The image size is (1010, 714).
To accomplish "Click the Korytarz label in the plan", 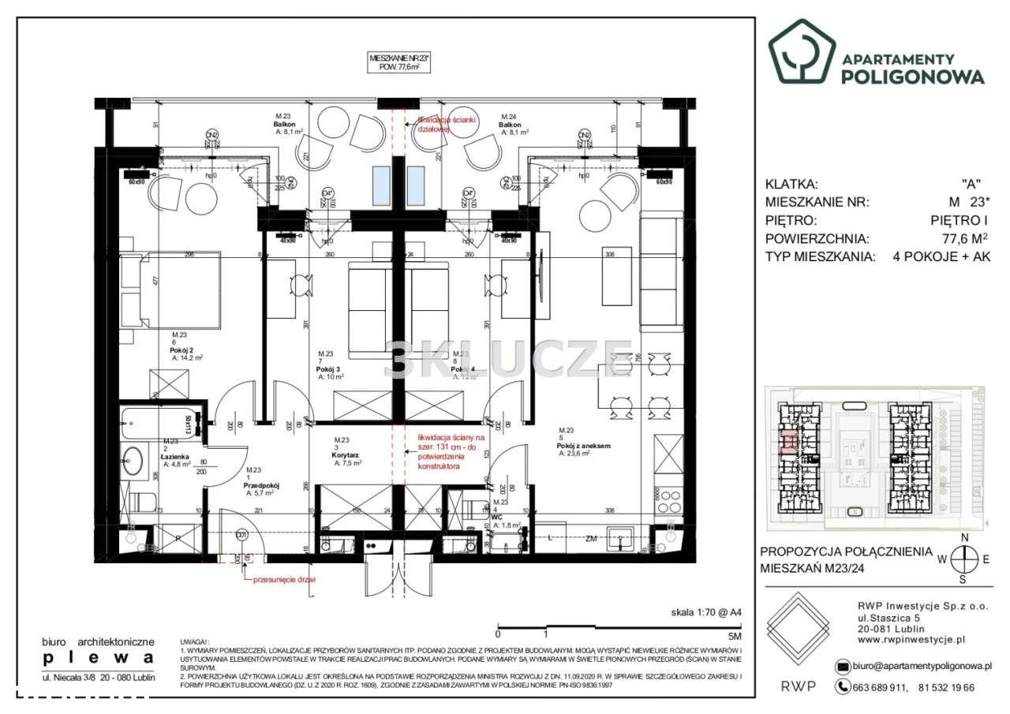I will [346, 456].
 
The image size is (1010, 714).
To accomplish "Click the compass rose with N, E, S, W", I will [963, 559].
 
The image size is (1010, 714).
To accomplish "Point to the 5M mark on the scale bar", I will [735, 635].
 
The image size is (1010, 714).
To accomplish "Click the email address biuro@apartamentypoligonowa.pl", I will [921, 667].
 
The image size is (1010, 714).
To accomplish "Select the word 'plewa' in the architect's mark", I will [99, 656].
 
